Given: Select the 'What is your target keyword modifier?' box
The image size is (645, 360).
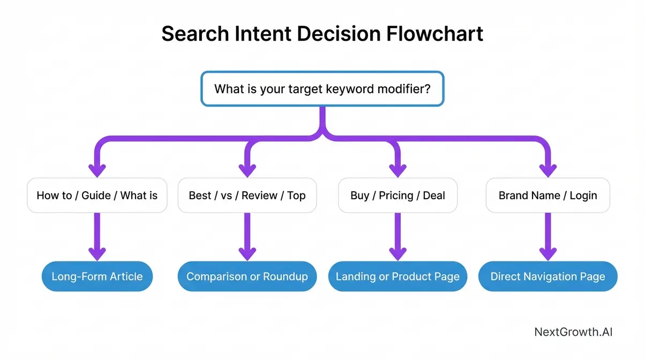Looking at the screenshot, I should click(322, 88).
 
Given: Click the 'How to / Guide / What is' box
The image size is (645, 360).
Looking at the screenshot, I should click(97, 196).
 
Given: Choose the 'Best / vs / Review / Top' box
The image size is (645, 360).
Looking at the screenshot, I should click(247, 196).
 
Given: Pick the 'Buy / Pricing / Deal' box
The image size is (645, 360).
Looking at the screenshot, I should click(397, 196).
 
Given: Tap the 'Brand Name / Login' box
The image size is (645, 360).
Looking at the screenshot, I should click(547, 196).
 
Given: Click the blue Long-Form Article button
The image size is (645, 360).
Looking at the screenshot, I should click(97, 277).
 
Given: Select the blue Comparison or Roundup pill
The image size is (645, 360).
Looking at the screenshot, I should click(247, 277).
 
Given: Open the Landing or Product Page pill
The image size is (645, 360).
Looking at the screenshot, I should click(397, 277).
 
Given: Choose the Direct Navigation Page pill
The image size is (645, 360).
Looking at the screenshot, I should click(547, 277).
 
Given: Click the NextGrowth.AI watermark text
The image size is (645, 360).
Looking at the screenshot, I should click(573, 332).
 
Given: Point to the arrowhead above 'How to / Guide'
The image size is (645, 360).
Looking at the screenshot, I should click(97, 169).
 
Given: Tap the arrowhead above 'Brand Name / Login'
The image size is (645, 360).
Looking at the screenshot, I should click(547, 169).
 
